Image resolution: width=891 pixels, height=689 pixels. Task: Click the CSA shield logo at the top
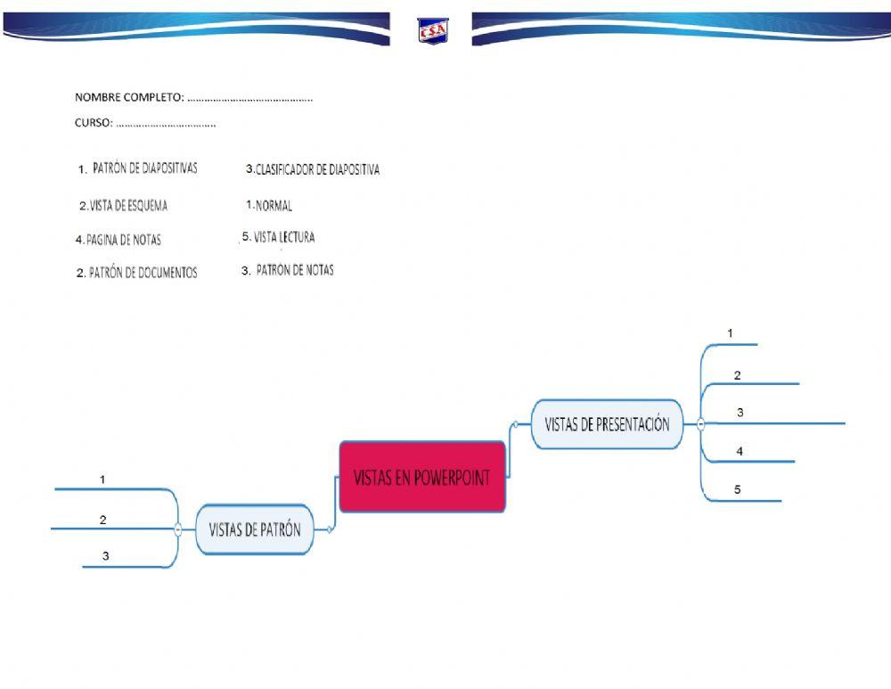[433, 31]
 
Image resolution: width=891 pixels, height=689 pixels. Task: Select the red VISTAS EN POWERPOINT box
[422, 477]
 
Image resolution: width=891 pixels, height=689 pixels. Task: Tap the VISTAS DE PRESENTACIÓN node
[607, 424]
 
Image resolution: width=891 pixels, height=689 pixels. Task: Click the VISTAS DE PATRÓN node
[255, 529]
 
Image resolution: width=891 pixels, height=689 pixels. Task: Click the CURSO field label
[93, 124]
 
